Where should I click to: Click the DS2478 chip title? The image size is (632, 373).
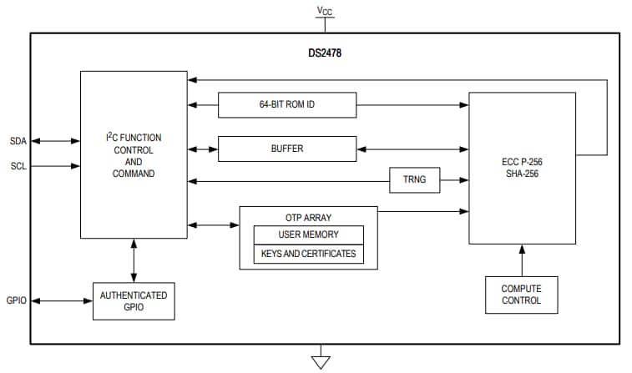click(325, 53)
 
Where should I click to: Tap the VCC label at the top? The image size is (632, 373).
click(324, 10)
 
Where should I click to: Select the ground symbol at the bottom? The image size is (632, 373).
click(320, 360)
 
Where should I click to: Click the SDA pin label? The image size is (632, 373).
click(18, 141)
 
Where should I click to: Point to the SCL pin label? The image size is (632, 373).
click(18, 166)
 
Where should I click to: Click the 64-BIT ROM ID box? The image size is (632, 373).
click(286, 105)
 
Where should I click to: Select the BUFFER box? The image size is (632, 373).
click(286, 149)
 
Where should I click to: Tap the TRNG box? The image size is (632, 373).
click(414, 179)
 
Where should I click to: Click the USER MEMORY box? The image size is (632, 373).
click(308, 234)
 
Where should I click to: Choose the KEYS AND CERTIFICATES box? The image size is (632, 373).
click(308, 254)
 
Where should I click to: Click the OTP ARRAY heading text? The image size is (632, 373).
click(308, 217)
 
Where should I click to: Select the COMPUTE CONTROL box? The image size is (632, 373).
click(521, 295)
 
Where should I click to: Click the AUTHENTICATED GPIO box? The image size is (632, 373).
click(133, 300)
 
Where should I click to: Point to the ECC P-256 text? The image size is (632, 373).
click(522, 161)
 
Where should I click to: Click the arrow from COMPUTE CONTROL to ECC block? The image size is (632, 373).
click(522, 260)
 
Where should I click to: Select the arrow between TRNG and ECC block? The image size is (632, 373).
click(453, 179)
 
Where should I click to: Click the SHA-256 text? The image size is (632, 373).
click(522, 173)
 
